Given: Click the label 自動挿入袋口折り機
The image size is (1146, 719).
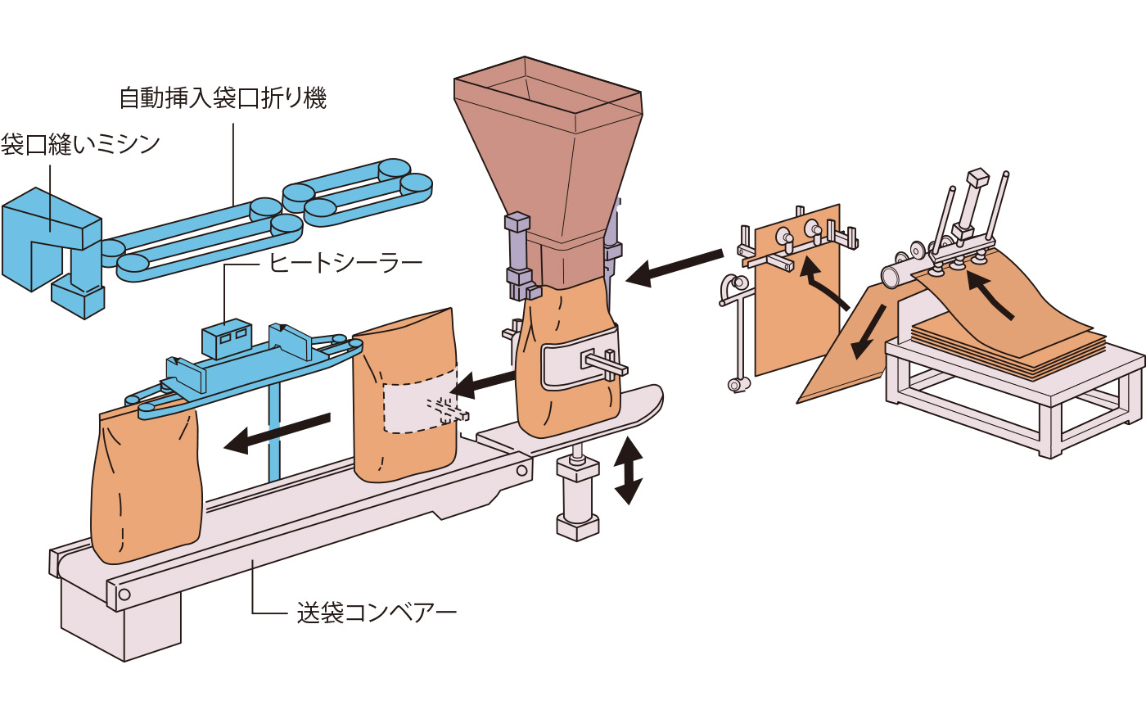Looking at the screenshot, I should [223, 98].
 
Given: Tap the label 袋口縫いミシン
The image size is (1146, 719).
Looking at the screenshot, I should [80, 145].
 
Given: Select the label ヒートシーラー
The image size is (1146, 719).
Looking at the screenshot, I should [345, 262].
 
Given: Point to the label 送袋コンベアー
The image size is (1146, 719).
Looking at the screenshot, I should [376, 612].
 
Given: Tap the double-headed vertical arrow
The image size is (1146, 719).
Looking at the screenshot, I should [628, 470].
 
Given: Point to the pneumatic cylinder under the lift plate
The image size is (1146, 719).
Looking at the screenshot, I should [577, 495].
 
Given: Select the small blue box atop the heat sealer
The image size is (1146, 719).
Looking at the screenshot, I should [226, 337].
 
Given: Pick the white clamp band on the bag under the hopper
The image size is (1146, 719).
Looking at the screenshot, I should [573, 360].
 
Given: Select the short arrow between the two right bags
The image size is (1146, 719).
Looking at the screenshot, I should [483, 382].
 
